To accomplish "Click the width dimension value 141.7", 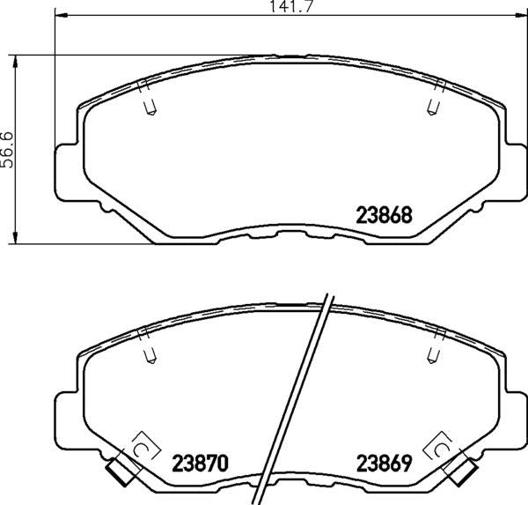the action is tap(292, 6).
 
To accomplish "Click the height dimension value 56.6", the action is tap(7, 150).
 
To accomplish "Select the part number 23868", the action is tap(384, 215).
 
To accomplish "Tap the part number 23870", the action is tap(201, 464).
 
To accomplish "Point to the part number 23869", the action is tap(385, 464).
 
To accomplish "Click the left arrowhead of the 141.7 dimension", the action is tap(62, 15).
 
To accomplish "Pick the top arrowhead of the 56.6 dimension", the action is tap(15, 62).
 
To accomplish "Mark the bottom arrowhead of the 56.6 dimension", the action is tap(15, 236).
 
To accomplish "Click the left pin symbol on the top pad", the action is tap(150, 108).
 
